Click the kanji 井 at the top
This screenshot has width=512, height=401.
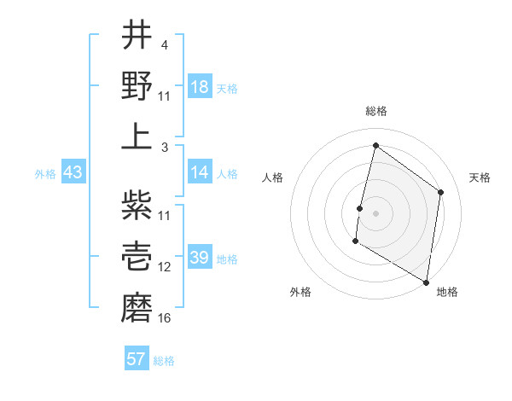point(137,36)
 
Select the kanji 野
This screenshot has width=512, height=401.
point(137,84)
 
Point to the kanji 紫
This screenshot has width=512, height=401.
point(137,205)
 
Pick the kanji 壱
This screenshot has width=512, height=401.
point(137,255)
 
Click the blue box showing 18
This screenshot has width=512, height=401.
point(200,87)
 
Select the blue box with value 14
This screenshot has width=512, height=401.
point(200,172)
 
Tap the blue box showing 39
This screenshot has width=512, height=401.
point(200,259)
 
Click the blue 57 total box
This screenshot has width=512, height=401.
point(137,359)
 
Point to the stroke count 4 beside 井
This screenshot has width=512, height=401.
point(165,44)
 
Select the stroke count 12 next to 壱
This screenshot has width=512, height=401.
point(165,267)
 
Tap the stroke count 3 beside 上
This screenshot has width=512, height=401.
point(165,147)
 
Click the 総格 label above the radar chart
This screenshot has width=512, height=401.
point(376,112)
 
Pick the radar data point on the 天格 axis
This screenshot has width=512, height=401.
point(440,192)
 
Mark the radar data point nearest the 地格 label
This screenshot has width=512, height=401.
point(426,282)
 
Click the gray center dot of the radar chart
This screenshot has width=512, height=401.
point(375,213)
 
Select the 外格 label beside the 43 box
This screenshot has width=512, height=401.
point(45,174)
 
